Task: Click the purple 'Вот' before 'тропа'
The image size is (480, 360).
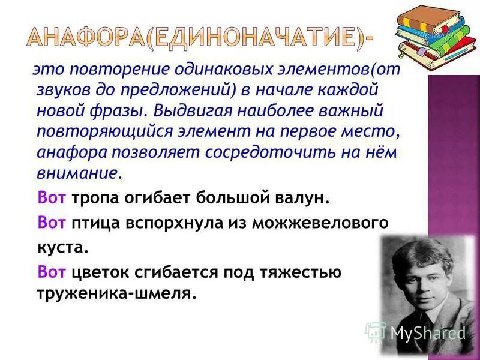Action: [52, 197]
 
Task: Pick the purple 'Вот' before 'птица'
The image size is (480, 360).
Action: [52, 223]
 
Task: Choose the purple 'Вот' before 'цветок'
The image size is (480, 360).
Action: [52, 272]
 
